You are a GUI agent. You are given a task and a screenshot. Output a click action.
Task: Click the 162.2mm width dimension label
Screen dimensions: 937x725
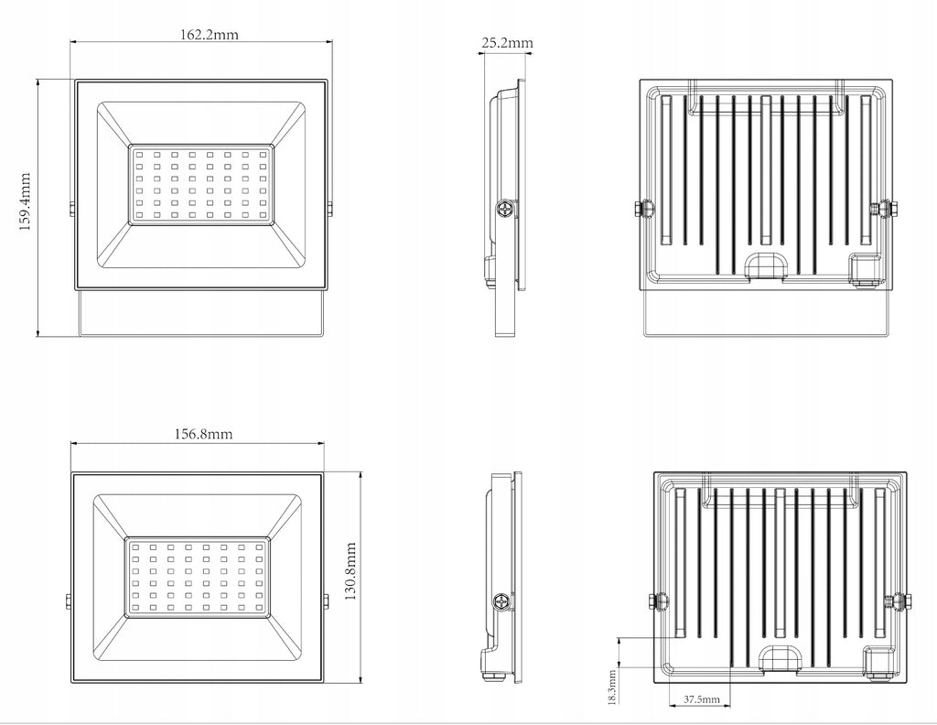click(210, 34)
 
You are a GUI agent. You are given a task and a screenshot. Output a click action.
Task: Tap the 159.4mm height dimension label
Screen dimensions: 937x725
click(25, 202)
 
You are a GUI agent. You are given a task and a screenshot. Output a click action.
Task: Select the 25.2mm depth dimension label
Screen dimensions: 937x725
click(507, 42)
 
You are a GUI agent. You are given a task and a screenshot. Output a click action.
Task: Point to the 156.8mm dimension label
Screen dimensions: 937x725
click(203, 433)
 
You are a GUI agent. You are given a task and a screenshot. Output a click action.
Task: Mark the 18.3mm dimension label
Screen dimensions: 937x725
click(612, 687)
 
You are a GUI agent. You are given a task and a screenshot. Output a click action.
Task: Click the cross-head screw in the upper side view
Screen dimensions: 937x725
click(505, 210)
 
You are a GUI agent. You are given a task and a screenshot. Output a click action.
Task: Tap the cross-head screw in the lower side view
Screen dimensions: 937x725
click(502, 601)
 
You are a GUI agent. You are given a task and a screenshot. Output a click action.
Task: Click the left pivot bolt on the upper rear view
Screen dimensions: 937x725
click(642, 210)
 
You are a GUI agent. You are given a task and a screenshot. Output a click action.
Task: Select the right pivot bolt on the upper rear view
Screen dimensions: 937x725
click(882, 210)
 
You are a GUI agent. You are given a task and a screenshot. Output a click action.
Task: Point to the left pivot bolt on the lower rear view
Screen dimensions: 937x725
click(658, 601)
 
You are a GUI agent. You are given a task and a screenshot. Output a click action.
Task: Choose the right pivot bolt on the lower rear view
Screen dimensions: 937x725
click(899, 601)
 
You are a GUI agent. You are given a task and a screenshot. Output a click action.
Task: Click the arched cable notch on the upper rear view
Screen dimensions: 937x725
click(765, 265)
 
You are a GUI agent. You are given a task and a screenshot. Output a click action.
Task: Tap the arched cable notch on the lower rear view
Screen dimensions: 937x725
click(781, 658)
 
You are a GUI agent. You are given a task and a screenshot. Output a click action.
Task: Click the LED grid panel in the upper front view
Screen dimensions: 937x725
click(201, 185)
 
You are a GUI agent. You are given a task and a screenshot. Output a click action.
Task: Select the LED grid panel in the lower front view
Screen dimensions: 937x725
click(198, 577)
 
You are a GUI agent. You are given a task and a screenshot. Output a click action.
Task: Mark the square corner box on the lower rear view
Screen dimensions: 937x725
click(882, 662)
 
